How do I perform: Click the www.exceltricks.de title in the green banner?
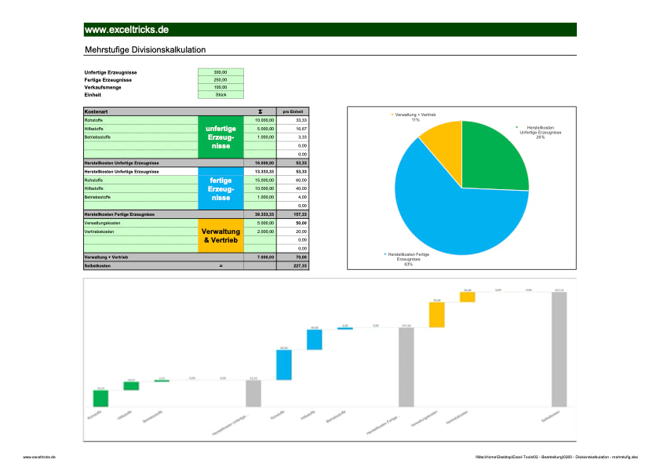126,30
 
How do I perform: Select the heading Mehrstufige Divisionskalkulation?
144,49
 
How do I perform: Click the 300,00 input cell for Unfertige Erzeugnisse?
221,72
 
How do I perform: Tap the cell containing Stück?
221,94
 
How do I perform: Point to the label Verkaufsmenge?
102,87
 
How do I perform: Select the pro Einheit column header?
293,111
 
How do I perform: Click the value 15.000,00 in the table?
264,180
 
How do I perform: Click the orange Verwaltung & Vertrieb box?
221,235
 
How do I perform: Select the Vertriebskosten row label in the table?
99,232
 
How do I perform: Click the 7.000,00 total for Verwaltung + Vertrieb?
264,257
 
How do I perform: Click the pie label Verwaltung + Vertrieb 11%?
416,117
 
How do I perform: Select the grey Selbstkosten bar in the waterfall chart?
558,350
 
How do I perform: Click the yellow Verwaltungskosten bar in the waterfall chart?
436,315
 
